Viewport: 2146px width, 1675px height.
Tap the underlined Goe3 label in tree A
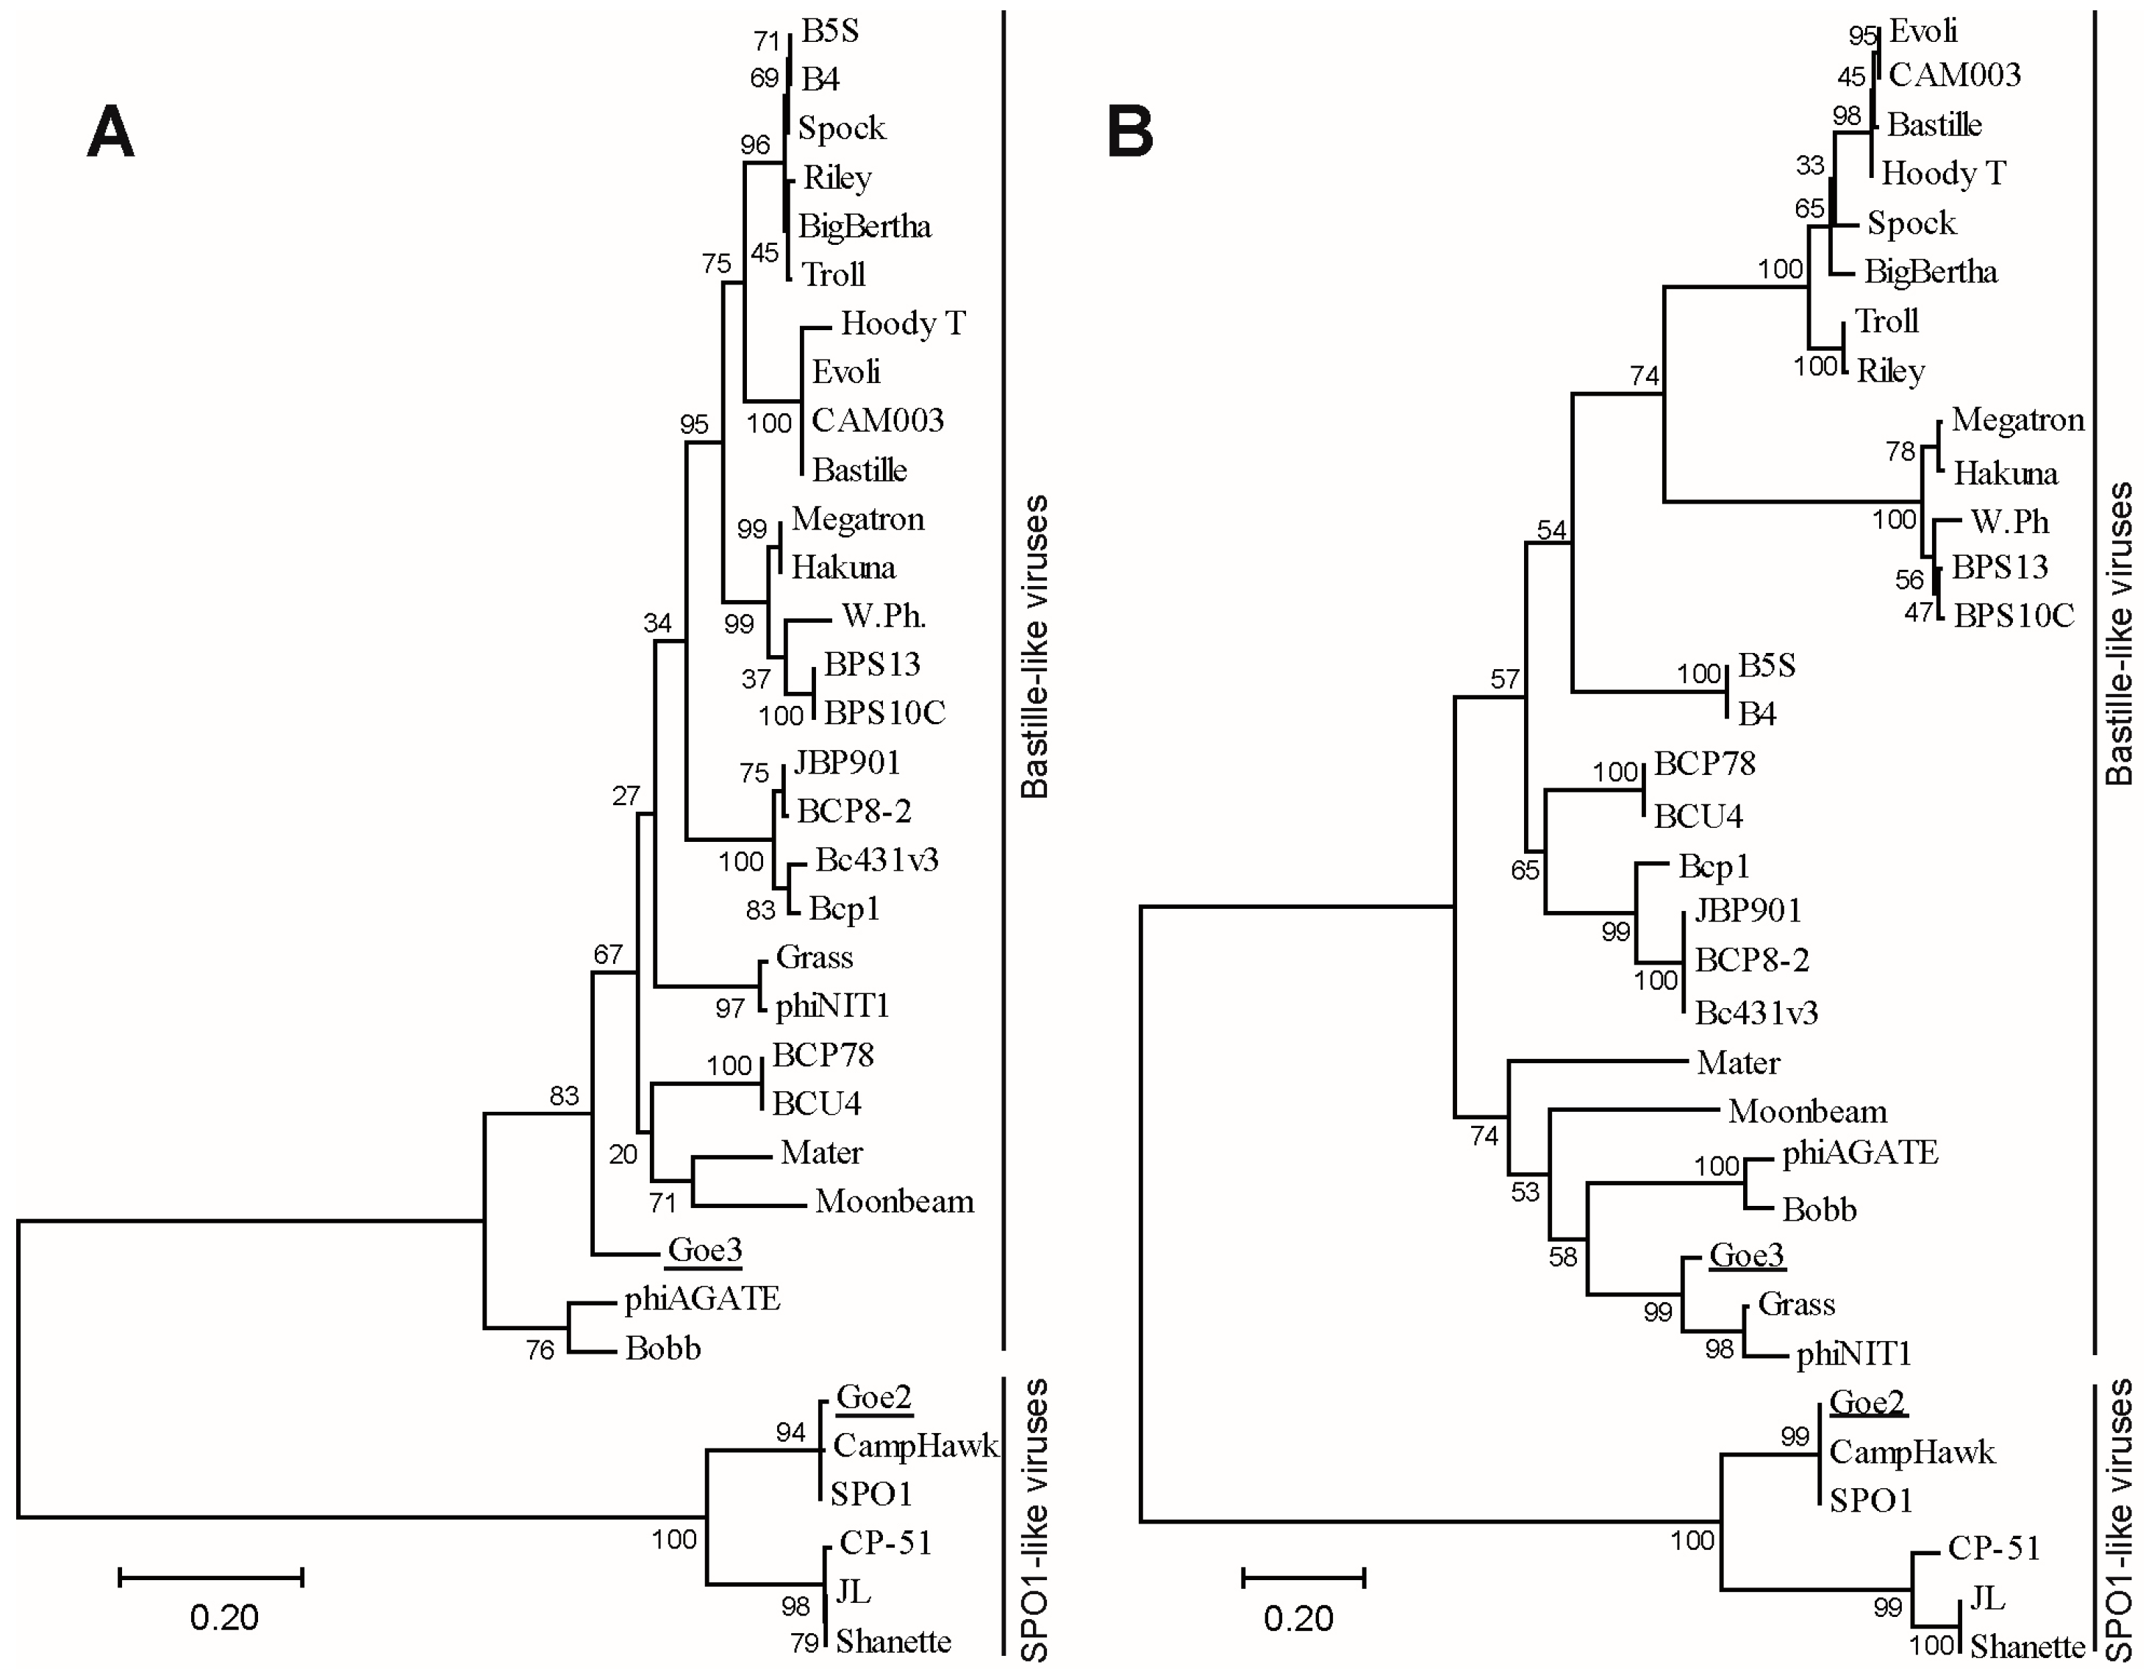click(704, 1250)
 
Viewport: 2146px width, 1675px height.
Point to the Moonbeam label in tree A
click(894, 1201)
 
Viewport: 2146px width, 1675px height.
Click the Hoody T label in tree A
click(903, 324)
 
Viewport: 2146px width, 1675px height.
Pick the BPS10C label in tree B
click(2014, 615)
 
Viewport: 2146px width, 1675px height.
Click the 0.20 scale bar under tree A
click(210, 1576)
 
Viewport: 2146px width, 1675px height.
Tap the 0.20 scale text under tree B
click(1298, 1618)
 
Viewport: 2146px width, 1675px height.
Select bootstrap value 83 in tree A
click(564, 1095)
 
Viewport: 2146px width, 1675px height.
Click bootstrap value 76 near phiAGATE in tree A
click(540, 1350)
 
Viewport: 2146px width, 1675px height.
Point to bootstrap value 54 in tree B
click(1551, 531)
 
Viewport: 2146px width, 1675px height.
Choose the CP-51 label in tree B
click(1994, 1549)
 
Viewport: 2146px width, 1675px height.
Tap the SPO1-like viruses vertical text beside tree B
click(2120, 1518)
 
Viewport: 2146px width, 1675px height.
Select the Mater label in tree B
click(1738, 1062)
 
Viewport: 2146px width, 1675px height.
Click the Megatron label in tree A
click(858, 519)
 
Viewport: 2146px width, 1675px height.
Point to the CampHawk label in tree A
click(915, 1445)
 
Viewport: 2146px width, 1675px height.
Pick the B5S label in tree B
click(1767, 665)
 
